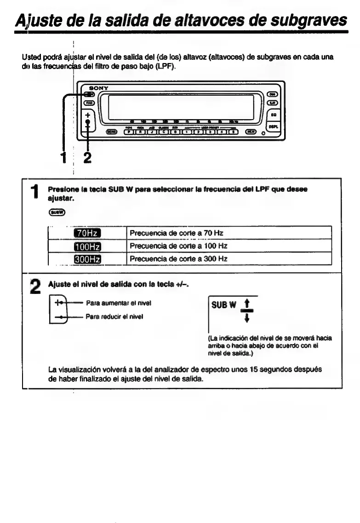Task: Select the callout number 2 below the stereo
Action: (x=87, y=157)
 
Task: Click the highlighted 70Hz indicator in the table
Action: (x=87, y=233)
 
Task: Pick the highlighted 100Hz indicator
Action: (x=87, y=246)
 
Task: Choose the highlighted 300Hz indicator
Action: (x=87, y=259)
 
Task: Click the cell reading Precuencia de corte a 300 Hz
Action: (x=179, y=259)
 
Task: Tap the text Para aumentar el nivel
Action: (x=119, y=303)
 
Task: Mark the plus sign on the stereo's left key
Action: (x=87, y=115)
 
